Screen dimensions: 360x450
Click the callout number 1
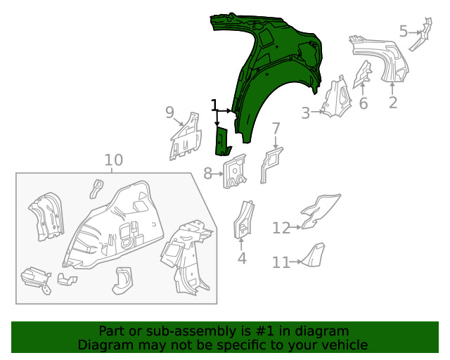coord(214,105)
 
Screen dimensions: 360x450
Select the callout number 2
coord(393,102)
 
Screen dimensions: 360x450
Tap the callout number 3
coord(306,112)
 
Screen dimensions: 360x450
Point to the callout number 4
coord(242,258)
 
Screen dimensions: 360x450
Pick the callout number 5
coord(404,31)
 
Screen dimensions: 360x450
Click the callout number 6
coord(363,103)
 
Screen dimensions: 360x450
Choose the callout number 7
coord(276,129)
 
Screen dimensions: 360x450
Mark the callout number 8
coord(208,172)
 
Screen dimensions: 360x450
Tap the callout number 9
coord(169,112)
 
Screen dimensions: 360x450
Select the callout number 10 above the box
coord(113,160)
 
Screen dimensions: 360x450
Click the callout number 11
coord(281,262)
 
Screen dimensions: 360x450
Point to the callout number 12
coord(281,228)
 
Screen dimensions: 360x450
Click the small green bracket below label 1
coord(222,141)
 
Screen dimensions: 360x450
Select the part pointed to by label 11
coord(314,254)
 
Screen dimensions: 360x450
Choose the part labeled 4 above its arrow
coord(243,218)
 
